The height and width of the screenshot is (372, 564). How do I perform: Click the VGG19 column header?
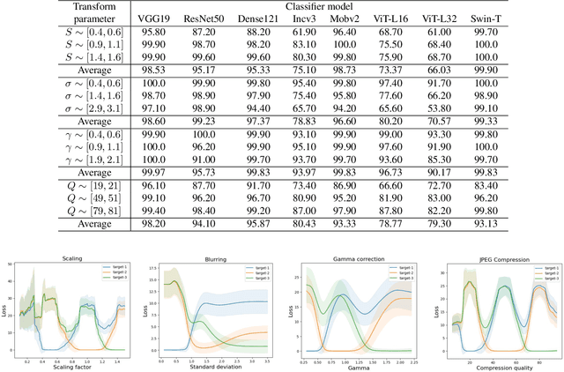[154, 18]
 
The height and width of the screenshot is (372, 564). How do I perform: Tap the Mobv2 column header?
[370, 18]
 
